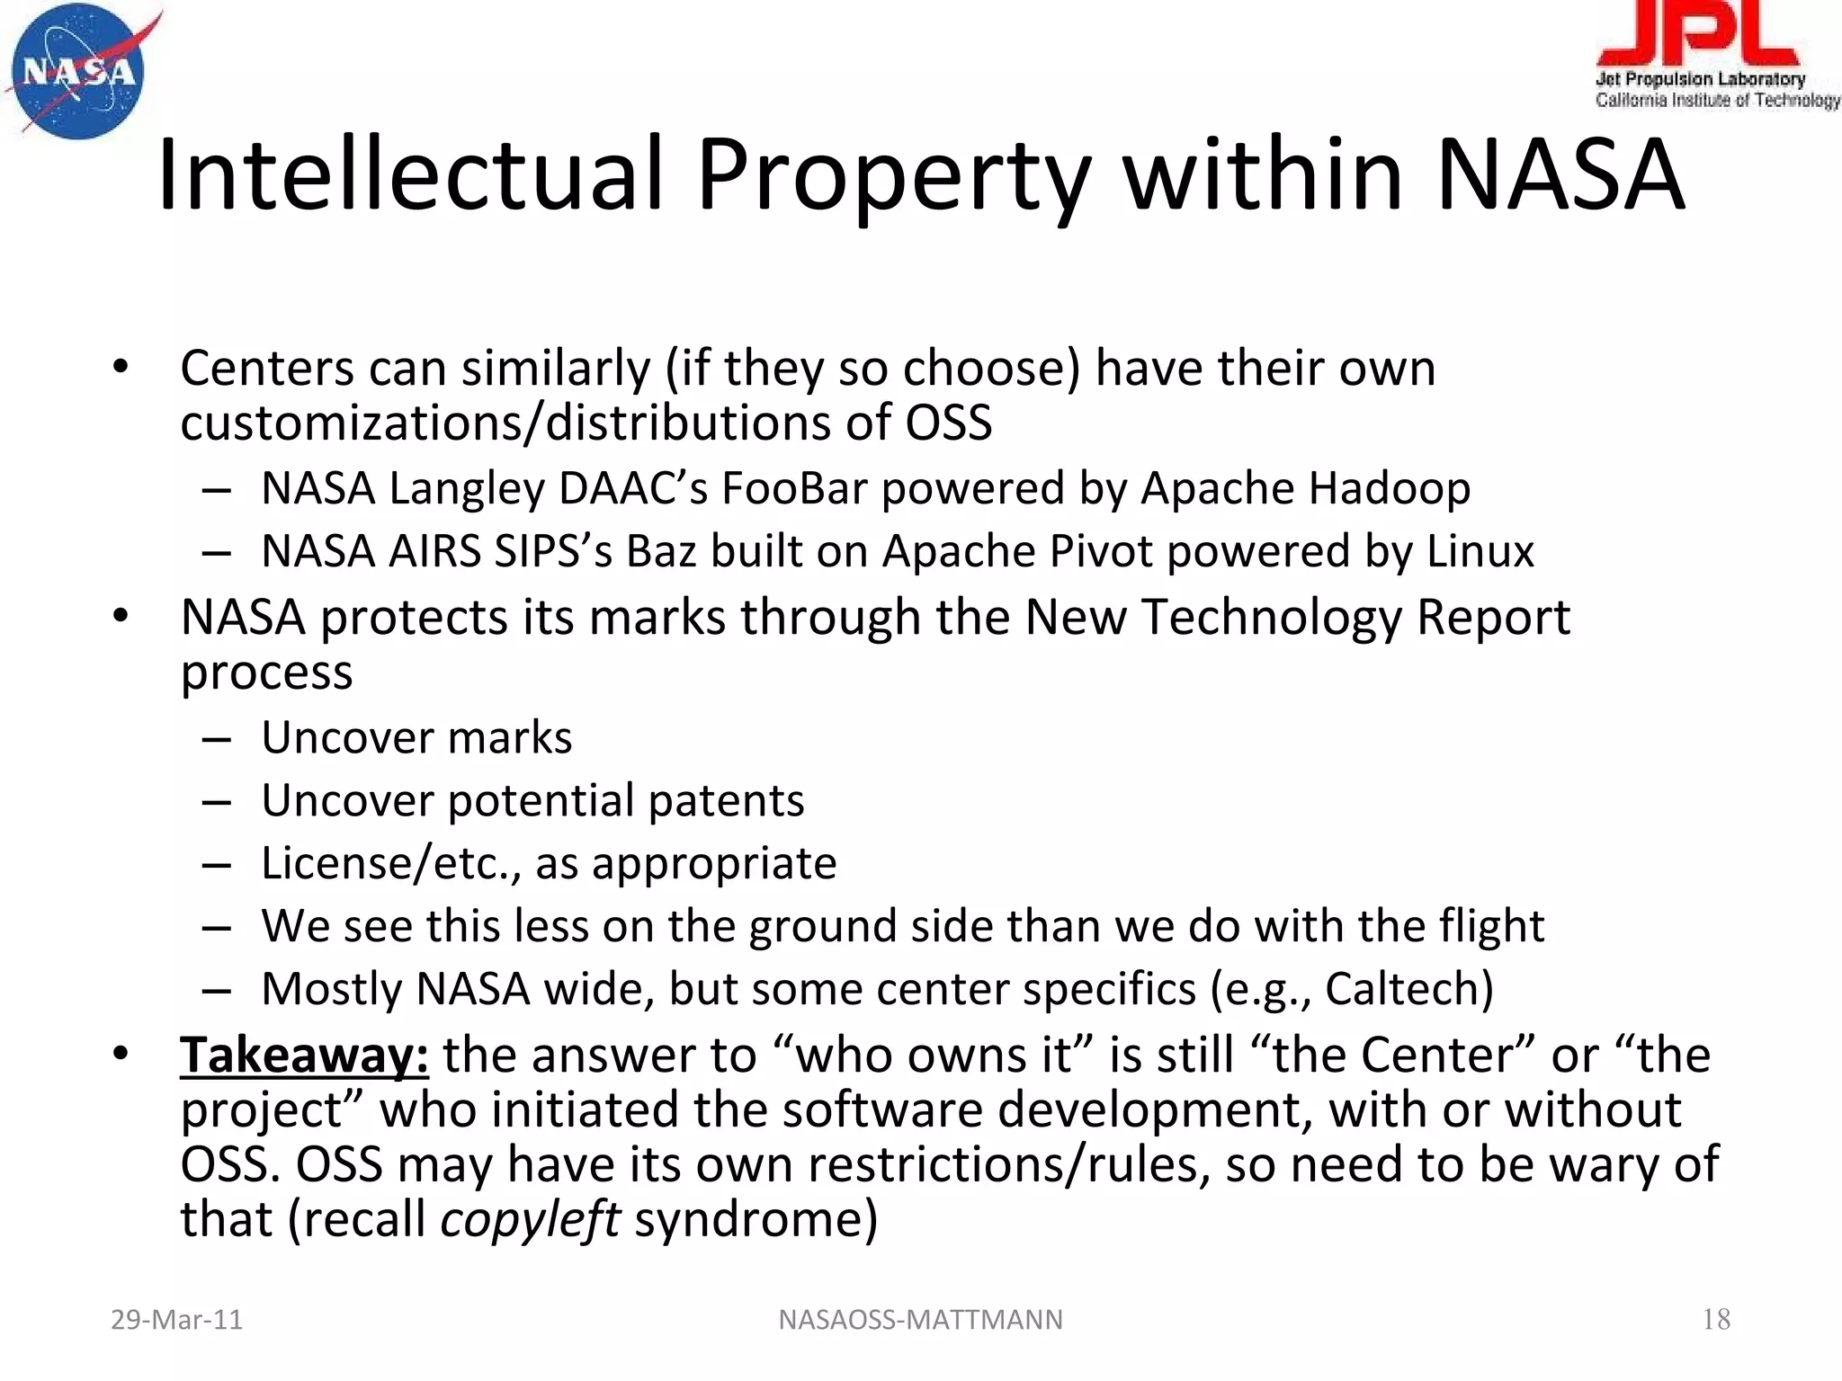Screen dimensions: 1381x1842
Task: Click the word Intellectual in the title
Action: coord(410,174)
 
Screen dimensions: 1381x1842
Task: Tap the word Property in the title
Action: coord(894,176)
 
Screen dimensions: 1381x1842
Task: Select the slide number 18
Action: coord(1716,1319)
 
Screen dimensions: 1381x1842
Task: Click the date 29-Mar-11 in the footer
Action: coord(176,1319)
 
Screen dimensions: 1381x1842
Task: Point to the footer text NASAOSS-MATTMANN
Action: coord(920,1319)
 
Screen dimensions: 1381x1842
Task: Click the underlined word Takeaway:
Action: coord(304,1055)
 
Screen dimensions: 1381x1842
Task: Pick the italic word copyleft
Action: coord(530,1219)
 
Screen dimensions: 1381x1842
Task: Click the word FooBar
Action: coord(794,488)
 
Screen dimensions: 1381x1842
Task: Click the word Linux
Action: coord(1480,551)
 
